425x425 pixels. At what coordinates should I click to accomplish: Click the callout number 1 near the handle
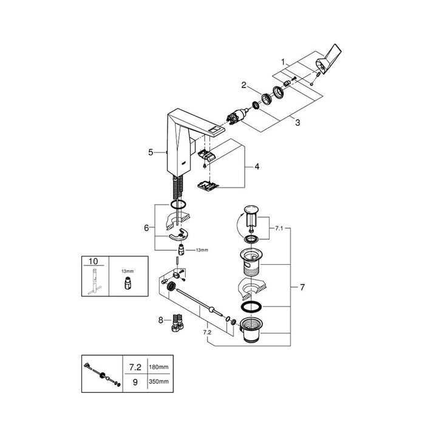pyautogui.click(x=283, y=62)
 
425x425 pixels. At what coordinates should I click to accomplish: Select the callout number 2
pyautogui.click(x=244, y=85)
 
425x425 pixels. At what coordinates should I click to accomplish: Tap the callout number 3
pyautogui.click(x=297, y=123)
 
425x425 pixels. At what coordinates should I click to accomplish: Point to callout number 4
pyautogui.click(x=257, y=166)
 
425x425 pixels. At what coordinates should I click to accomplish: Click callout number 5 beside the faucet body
pyautogui.click(x=151, y=152)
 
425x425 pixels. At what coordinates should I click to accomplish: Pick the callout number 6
pyautogui.click(x=146, y=228)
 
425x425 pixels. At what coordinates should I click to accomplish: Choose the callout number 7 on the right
pyautogui.click(x=302, y=287)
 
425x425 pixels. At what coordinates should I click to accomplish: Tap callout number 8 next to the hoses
pyautogui.click(x=161, y=321)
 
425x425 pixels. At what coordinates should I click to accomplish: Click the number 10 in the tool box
pyautogui.click(x=93, y=261)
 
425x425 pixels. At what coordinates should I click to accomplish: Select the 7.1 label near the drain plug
pyautogui.click(x=279, y=228)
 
